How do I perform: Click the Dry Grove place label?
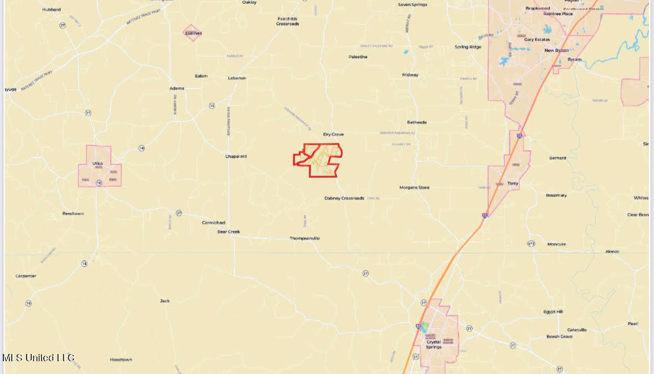click(333, 134)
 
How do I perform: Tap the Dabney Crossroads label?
click(344, 198)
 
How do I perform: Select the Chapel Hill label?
click(236, 156)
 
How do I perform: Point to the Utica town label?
click(98, 164)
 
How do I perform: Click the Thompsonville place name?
click(305, 239)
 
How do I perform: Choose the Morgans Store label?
click(414, 188)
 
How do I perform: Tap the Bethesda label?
click(417, 122)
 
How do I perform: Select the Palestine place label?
click(358, 57)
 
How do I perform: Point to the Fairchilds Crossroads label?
click(288, 21)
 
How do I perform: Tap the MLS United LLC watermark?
click(38, 358)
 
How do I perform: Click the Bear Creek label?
click(229, 232)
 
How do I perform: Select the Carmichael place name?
click(214, 223)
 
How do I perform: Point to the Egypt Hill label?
click(553, 312)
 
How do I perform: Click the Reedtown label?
click(73, 214)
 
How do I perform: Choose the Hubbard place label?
click(52, 9)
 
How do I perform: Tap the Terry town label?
click(513, 183)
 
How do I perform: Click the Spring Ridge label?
click(468, 47)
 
